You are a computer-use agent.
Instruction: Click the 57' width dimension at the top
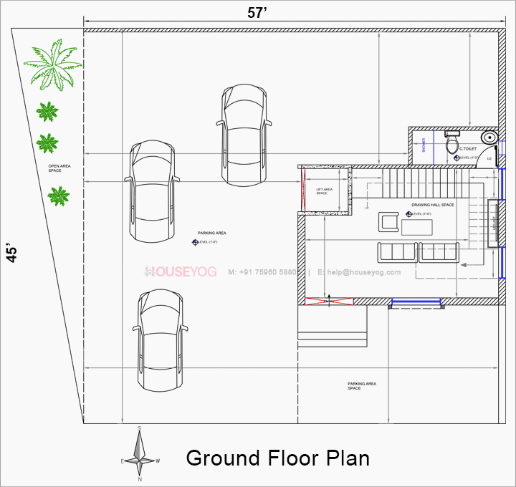click(257, 13)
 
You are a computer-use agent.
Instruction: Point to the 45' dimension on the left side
click(12, 253)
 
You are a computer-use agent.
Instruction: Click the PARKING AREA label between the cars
click(212, 233)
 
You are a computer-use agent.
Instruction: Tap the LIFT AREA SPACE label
click(324, 191)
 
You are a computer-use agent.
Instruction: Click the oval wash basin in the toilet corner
click(489, 137)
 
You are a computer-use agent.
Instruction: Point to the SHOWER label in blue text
click(424, 145)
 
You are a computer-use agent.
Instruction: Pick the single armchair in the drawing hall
click(389, 222)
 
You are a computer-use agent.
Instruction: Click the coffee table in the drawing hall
click(417, 227)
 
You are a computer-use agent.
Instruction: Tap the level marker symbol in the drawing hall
click(408, 213)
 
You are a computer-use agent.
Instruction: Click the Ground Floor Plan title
click(278, 458)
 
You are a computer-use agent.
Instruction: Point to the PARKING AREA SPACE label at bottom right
click(361, 386)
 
